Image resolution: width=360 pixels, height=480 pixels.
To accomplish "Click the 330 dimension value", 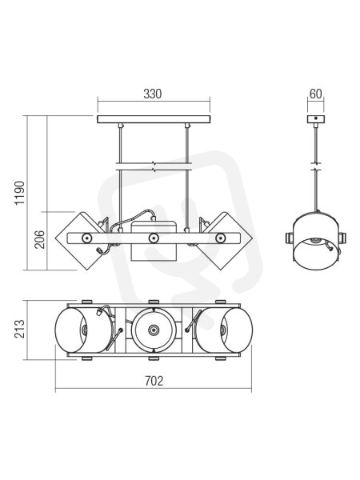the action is [x=153, y=94].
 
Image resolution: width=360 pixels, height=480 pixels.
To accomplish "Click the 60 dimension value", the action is [x=316, y=94].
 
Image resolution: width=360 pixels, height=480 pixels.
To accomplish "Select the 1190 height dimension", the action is [x=19, y=193].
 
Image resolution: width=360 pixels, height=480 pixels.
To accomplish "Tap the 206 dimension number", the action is [x=39, y=239].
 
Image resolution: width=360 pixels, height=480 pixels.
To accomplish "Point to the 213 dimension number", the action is [x=19, y=329].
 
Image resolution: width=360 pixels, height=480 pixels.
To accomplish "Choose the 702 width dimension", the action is [x=154, y=381].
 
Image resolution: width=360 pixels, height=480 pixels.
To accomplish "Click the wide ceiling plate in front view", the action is [x=154, y=119].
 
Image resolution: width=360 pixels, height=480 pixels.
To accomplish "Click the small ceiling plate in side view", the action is [x=316, y=119].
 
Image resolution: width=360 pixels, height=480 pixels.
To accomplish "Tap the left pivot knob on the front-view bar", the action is [x=86, y=238].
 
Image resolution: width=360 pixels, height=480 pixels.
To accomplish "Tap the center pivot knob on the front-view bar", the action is [x=154, y=238].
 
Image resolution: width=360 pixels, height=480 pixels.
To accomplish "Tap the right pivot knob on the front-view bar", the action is [x=220, y=238].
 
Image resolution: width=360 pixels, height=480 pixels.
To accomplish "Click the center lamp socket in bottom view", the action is [x=154, y=330].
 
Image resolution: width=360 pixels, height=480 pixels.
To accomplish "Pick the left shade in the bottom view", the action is [x=83, y=330].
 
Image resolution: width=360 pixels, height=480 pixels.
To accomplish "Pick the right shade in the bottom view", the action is [x=224, y=330].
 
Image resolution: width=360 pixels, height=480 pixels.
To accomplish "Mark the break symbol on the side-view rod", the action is [x=316, y=166].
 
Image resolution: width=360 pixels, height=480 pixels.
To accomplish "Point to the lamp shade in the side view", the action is [x=316, y=241].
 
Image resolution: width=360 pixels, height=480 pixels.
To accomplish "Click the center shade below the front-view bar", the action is [x=154, y=253].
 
